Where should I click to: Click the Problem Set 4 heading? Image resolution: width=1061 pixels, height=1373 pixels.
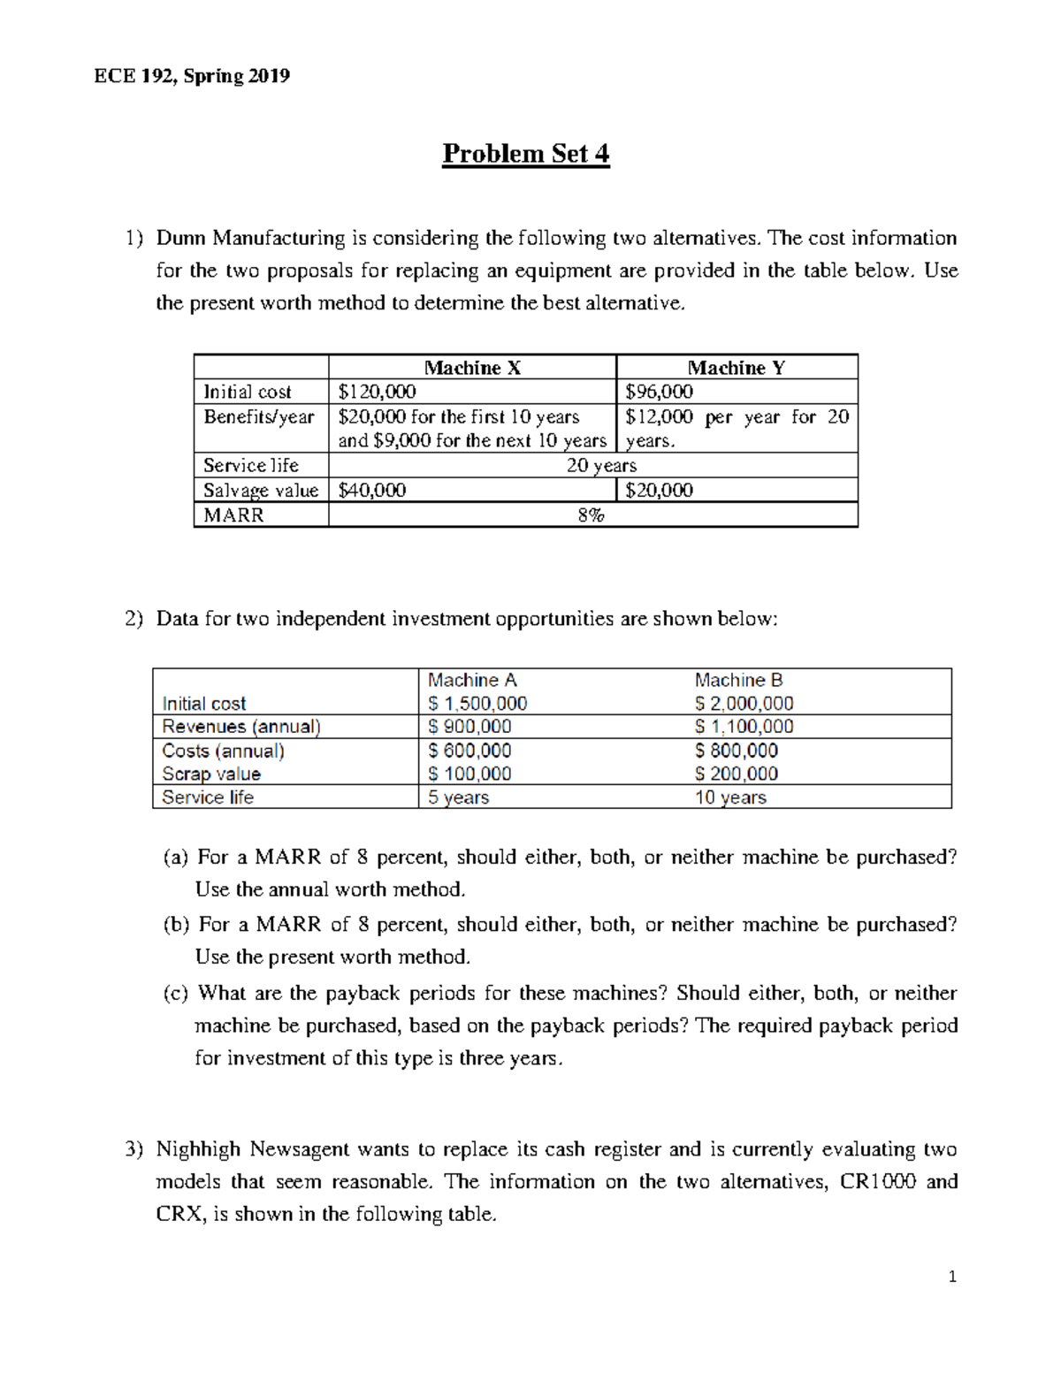[x=525, y=154]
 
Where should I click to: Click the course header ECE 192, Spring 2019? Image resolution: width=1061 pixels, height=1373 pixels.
[x=192, y=76]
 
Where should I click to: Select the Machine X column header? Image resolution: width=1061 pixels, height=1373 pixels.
[x=472, y=368]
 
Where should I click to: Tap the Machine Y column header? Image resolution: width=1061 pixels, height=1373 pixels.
[x=736, y=368]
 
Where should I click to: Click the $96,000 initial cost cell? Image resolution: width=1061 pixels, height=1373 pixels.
[x=659, y=392]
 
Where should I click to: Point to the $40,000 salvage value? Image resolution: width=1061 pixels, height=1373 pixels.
[x=372, y=490]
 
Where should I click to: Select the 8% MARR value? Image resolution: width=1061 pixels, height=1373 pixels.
[x=592, y=515]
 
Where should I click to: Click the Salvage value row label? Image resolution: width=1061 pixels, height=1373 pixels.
[x=260, y=491]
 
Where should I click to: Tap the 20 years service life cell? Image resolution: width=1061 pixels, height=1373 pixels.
[x=601, y=465]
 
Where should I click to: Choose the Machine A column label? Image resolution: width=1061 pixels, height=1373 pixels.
[x=472, y=680]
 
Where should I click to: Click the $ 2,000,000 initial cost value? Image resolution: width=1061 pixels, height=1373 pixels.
[x=744, y=704]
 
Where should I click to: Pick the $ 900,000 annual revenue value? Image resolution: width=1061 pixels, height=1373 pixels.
[x=469, y=727]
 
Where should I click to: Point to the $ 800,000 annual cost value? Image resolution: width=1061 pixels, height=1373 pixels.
[x=737, y=751]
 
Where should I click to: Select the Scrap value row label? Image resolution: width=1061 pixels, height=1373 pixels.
[x=211, y=774]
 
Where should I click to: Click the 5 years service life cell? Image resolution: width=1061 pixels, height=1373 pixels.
[x=458, y=797]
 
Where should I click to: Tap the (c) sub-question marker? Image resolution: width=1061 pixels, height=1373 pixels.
[x=175, y=994]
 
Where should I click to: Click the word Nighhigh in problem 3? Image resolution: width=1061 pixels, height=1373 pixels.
[x=198, y=1149]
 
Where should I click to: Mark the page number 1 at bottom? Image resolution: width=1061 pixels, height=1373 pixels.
[x=951, y=1277]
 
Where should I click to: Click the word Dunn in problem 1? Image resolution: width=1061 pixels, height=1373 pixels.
[x=181, y=238]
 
